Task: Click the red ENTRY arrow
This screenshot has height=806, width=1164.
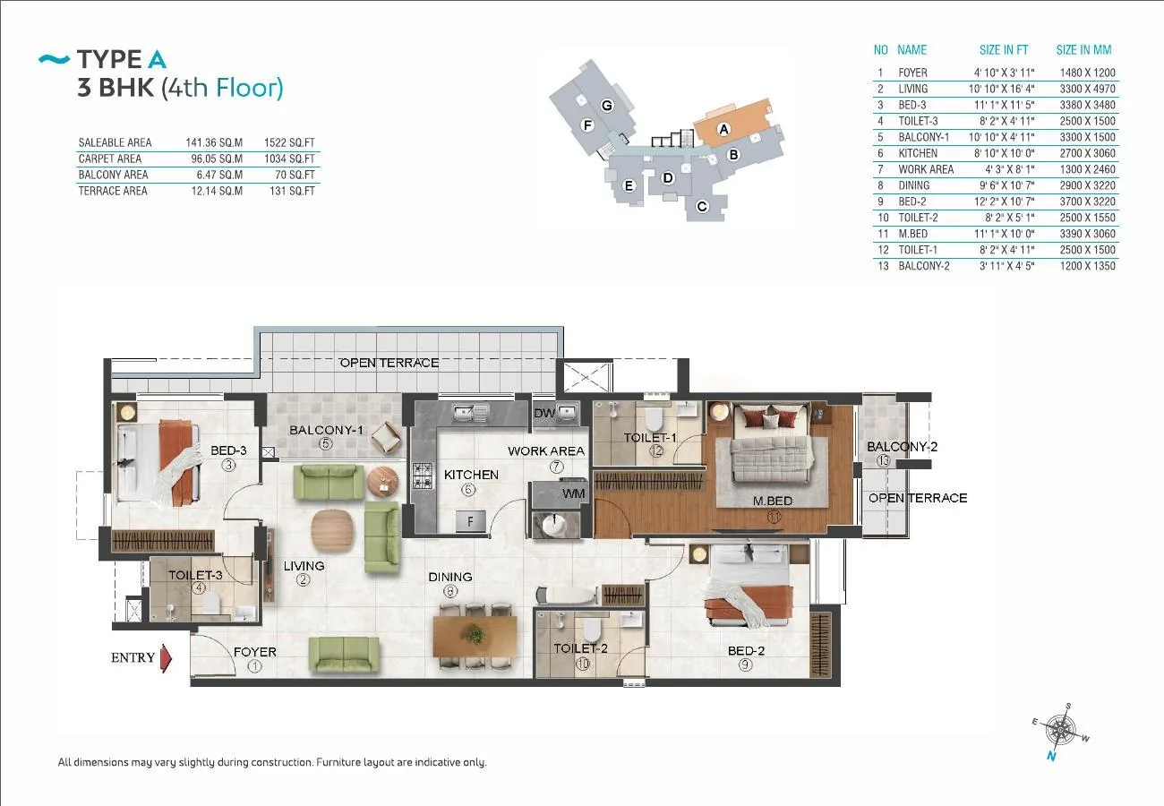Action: (166, 658)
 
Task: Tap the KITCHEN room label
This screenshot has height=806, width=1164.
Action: (471, 475)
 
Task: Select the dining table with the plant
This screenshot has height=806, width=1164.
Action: (475, 636)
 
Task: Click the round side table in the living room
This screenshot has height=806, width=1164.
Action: (382, 482)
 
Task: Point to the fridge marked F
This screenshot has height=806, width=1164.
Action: (470, 521)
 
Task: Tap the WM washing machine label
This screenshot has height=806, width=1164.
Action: (573, 493)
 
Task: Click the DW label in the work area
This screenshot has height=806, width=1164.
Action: (544, 413)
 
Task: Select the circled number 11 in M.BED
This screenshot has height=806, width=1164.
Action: (774, 517)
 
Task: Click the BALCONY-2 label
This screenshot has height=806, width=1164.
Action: (903, 446)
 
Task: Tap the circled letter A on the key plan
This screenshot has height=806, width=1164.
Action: (723, 129)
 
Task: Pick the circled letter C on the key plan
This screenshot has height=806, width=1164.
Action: (702, 206)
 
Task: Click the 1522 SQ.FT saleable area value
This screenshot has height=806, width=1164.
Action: (289, 142)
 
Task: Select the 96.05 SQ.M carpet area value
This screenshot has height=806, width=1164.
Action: (217, 159)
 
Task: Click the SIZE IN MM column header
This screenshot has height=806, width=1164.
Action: (1083, 50)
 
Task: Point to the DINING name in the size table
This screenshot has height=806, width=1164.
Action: (914, 185)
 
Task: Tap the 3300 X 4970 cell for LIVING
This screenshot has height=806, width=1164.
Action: (1088, 89)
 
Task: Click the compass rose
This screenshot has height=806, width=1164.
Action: (1060, 731)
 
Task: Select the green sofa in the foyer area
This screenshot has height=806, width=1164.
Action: (344, 656)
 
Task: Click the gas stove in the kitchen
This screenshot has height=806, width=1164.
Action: (423, 476)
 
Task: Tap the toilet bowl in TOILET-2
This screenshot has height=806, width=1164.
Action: (592, 629)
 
